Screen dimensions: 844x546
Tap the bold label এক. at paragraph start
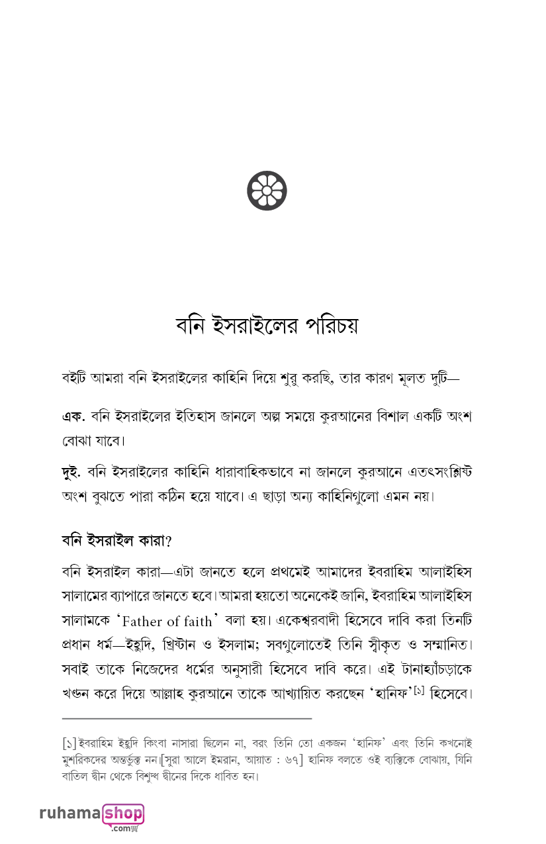(x=71, y=417)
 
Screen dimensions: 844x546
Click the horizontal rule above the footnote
(x=187, y=718)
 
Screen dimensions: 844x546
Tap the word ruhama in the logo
(x=69, y=814)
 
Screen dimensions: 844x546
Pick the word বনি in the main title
(x=189, y=326)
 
